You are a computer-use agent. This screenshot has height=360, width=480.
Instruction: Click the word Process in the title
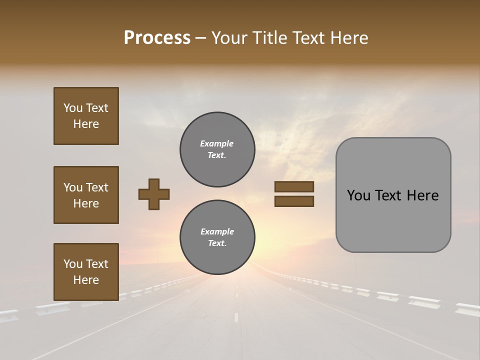pyautogui.click(x=157, y=38)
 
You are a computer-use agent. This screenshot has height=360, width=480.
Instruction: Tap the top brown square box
pyautogui.click(x=86, y=116)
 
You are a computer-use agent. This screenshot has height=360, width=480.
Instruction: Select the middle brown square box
pyautogui.click(x=86, y=195)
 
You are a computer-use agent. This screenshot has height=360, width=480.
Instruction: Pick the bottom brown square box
pyautogui.click(x=86, y=272)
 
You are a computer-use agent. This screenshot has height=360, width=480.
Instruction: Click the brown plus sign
pyautogui.click(x=154, y=194)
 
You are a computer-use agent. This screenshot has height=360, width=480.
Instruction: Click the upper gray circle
pyautogui.click(x=217, y=149)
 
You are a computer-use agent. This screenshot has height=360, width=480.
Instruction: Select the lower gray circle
pyautogui.click(x=217, y=237)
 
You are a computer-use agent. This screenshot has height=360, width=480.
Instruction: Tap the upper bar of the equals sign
pyautogui.click(x=294, y=187)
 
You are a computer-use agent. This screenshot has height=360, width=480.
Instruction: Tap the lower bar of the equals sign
pyautogui.click(x=294, y=201)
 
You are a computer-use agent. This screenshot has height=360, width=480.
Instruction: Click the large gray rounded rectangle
pyautogui.click(x=393, y=195)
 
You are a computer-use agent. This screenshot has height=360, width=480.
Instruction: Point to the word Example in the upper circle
pyautogui.click(x=217, y=143)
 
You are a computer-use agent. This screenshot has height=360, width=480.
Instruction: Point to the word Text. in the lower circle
pyautogui.click(x=217, y=243)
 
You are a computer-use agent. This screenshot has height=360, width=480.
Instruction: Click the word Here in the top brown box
pyautogui.click(x=86, y=124)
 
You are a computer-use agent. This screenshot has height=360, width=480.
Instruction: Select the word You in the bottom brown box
pyautogui.click(x=73, y=264)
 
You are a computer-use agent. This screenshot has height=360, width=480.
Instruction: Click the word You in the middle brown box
pyautogui.click(x=73, y=187)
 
